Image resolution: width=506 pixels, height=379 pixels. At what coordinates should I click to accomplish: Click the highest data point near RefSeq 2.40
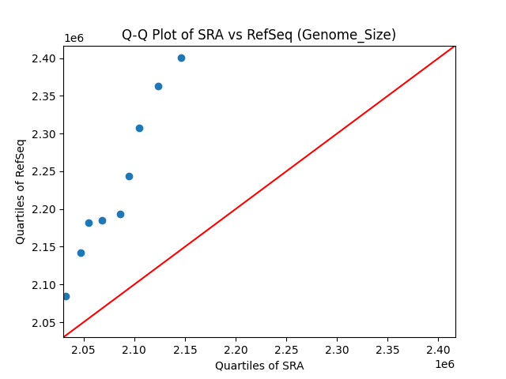point(181,58)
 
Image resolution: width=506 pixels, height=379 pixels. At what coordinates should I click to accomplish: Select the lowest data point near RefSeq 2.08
point(66,296)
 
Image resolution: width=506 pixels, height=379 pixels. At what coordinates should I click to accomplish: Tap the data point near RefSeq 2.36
point(158,86)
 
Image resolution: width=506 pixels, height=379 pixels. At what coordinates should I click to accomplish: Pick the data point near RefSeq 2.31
point(139,128)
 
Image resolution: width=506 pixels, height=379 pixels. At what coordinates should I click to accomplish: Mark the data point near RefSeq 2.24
point(129,176)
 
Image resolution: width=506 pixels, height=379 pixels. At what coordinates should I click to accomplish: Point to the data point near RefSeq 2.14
point(81,253)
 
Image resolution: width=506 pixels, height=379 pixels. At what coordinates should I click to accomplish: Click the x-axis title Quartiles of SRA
point(259,366)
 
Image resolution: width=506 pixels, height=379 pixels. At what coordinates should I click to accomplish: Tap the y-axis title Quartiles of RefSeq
point(21,191)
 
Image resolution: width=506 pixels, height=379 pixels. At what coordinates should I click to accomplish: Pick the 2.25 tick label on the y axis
point(44,171)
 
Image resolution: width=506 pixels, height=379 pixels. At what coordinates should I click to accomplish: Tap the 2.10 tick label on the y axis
point(44,285)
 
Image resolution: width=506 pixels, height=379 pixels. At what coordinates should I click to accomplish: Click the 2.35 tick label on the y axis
point(44,96)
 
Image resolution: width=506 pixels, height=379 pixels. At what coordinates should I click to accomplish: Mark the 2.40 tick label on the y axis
point(44,58)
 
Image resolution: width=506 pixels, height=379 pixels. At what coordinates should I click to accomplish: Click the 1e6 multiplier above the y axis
point(74,38)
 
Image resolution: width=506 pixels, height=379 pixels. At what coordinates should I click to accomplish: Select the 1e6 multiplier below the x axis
point(444,364)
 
